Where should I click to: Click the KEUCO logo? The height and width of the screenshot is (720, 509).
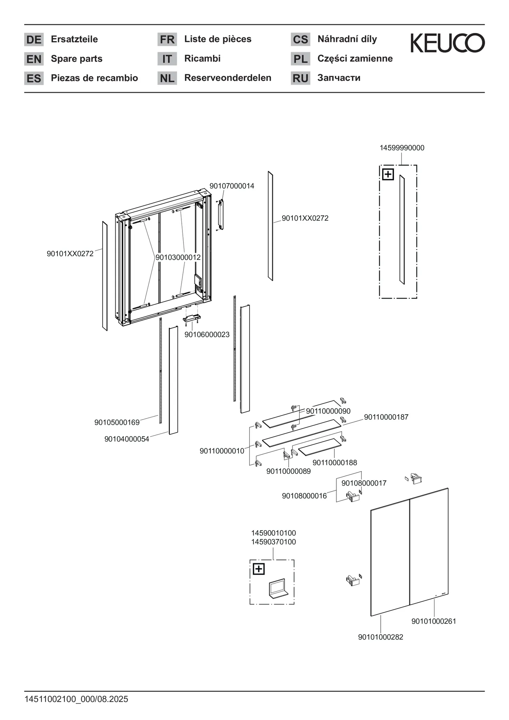(x=447, y=43)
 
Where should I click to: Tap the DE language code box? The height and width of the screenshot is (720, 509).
(x=34, y=39)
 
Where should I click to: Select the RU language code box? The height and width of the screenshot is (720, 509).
(x=300, y=78)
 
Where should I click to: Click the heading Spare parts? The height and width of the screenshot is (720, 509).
(x=77, y=59)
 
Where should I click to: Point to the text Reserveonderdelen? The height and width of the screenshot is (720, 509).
(x=228, y=78)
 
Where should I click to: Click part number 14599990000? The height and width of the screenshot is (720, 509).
(x=402, y=148)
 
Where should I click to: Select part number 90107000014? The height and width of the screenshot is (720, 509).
(x=232, y=186)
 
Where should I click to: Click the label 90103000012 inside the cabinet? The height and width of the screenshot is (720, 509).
(x=178, y=257)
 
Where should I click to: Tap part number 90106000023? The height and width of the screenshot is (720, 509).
(x=207, y=335)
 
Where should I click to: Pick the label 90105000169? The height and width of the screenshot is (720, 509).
(x=117, y=422)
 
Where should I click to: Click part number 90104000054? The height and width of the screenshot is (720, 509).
(x=127, y=439)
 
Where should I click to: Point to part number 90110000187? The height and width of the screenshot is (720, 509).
(x=386, y=417)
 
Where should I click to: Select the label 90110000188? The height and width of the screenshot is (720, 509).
(x=335, y=463)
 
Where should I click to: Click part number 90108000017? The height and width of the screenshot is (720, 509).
(x=364, y=483)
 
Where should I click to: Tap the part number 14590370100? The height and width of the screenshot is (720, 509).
(x=273, y=542)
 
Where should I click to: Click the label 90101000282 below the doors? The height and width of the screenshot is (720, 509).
(x=381, y=637)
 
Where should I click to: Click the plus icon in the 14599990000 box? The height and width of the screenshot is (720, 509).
(x=388, y=174)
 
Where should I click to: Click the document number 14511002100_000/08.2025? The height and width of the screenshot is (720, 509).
(x=76, y=699)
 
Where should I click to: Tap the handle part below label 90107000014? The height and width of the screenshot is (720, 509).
(x=220, y=215)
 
